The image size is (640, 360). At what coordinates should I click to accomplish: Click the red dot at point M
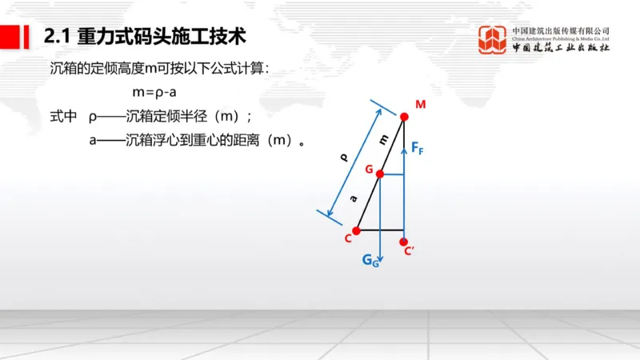point(404,117)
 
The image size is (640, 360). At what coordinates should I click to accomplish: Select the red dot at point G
point(380,174)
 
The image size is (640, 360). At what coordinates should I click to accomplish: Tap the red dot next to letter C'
point(404,241)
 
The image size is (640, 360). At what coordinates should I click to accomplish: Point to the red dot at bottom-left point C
point(356,230)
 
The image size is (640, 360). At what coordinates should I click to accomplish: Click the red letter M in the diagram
point(420,104)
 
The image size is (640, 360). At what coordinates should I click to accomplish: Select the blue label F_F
point(416,148)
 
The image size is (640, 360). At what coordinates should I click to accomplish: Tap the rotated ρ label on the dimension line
point(344,158)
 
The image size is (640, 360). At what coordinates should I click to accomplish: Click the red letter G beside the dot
point(368,170)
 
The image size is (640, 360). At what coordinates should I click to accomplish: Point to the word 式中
point(63,117)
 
